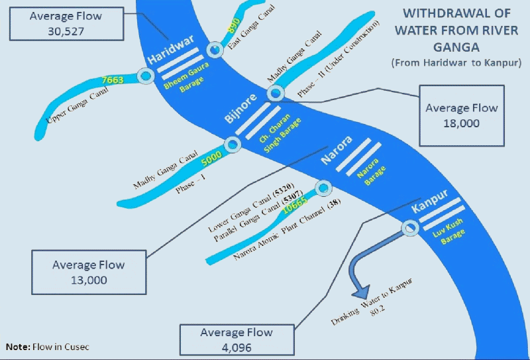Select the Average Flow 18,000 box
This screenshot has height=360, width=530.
[462, 115]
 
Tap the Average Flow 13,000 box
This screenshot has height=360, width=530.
[88, 272]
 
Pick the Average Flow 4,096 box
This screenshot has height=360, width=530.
[237, 339]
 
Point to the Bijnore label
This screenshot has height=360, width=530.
[239, 117]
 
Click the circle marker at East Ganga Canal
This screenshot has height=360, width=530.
[215, 50]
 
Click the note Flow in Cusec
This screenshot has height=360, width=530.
[47, 347]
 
